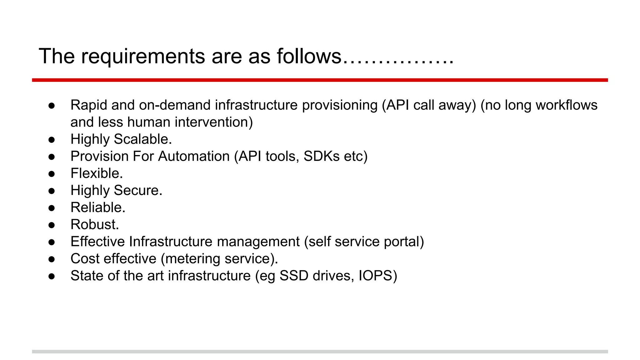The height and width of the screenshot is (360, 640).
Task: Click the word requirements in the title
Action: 142,57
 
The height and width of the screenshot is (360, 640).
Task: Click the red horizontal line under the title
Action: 320,80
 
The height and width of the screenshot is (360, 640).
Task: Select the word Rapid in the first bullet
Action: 88,105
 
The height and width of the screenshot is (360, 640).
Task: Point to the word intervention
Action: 213,122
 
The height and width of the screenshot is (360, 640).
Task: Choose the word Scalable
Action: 143,139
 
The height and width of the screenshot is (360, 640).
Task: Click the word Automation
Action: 194,156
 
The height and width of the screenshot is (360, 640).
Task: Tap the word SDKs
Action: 321,156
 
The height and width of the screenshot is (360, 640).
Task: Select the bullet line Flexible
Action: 97,173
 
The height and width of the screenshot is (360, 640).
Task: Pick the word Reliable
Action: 98,207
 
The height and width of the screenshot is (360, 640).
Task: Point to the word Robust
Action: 95,224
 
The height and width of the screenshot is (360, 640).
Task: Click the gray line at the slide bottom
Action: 320,352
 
